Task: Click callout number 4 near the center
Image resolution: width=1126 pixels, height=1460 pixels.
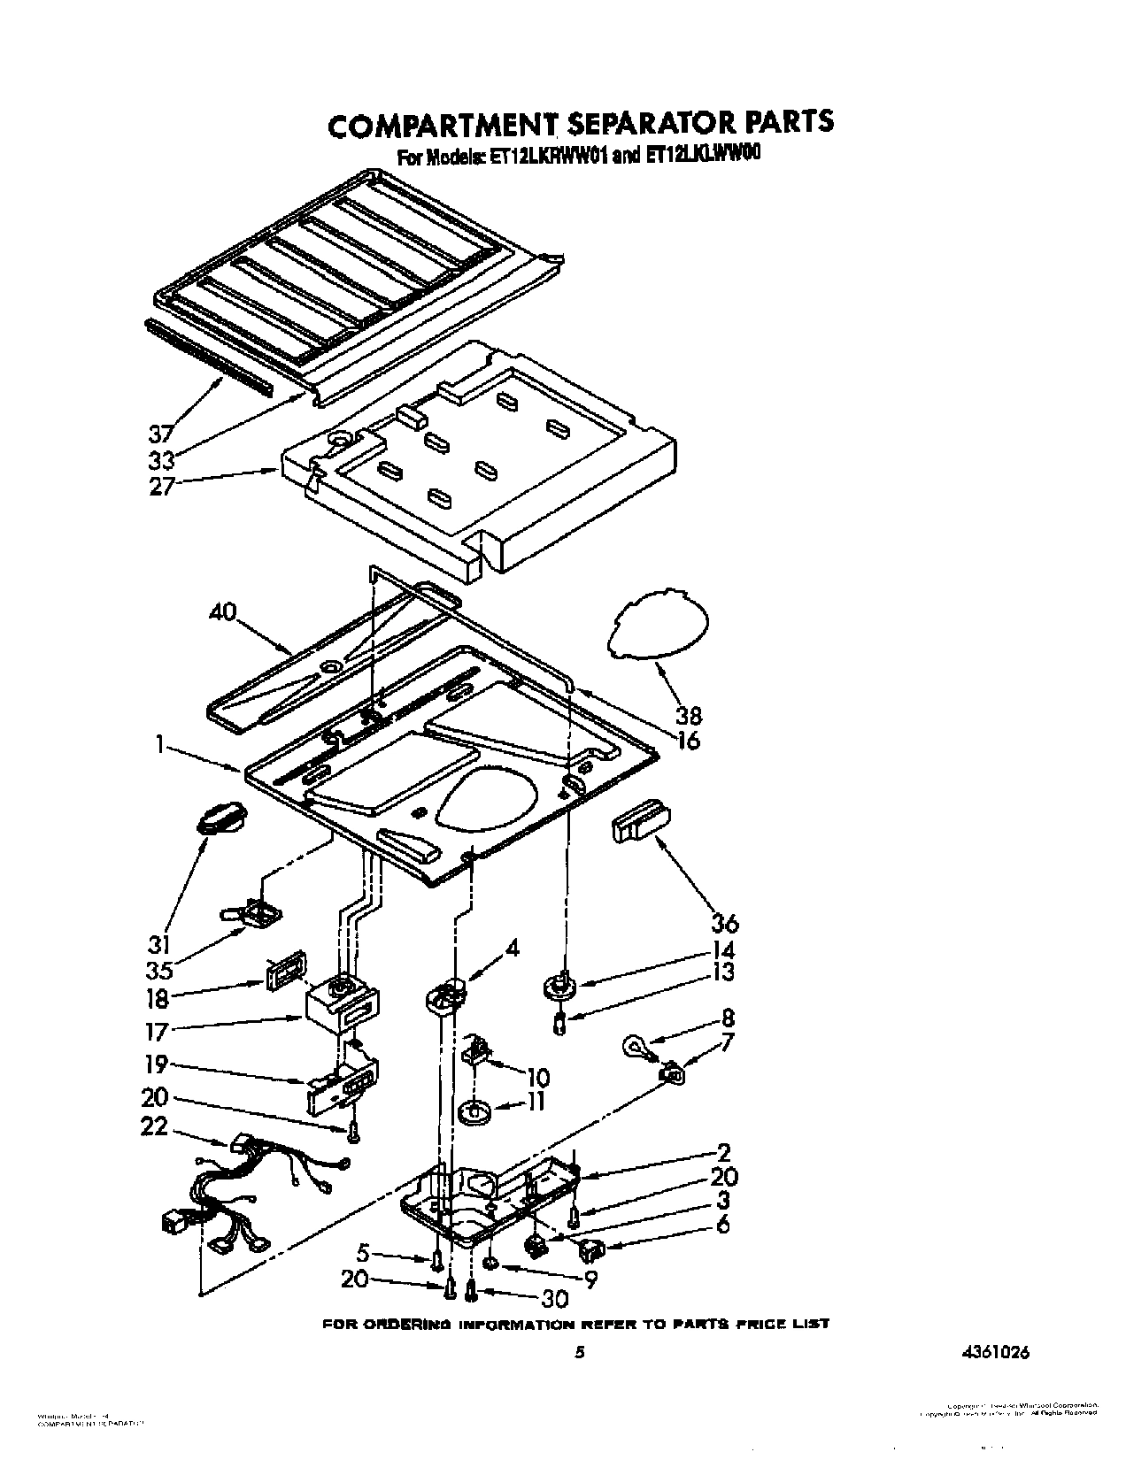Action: tap(512, 948)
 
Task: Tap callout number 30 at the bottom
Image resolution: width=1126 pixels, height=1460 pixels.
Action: tap(556, 1299)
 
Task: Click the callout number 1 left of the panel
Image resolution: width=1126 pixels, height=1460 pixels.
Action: tap(160, 745)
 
